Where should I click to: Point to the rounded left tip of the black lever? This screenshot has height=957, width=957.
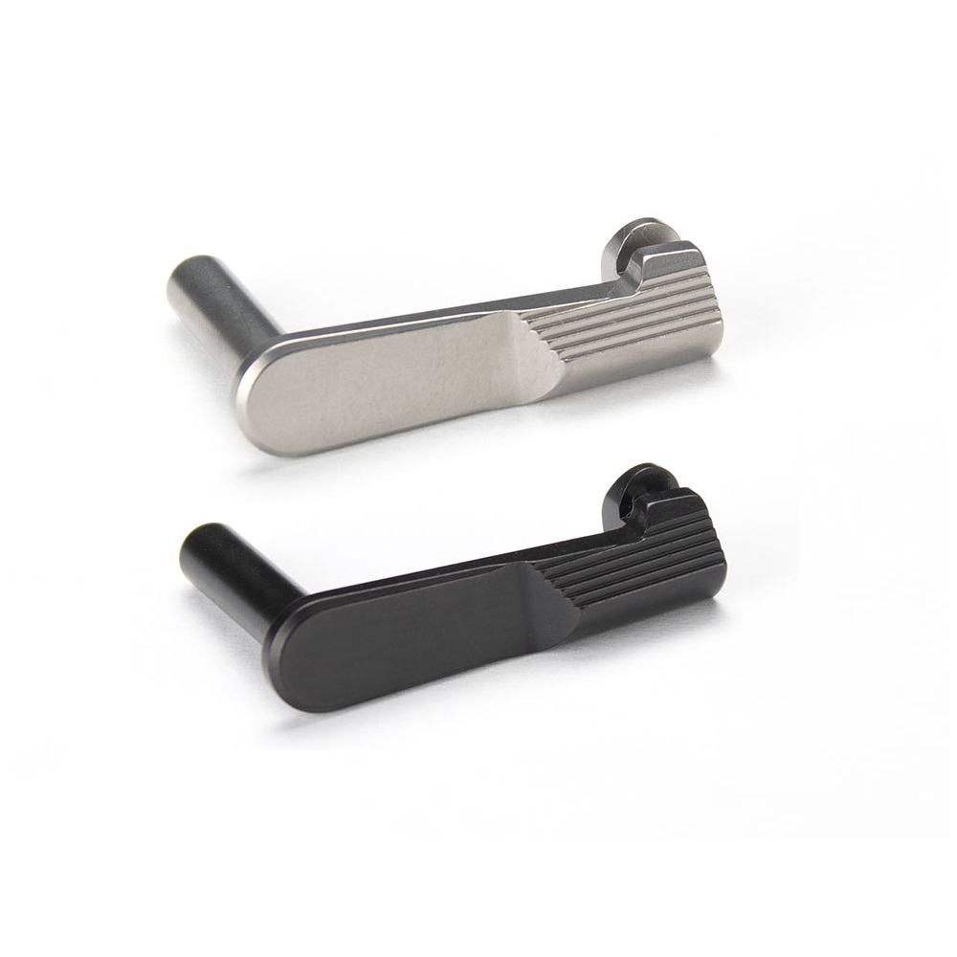pyautogui.click(x=287, y=660)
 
